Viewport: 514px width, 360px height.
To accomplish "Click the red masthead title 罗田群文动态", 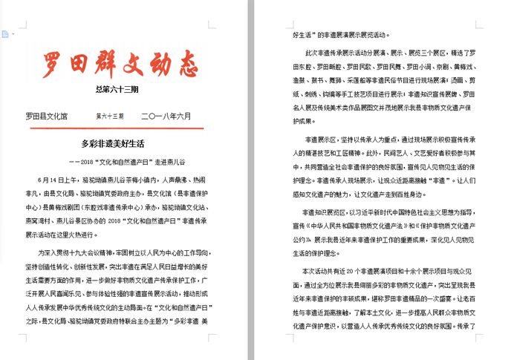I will (x=120, y=64).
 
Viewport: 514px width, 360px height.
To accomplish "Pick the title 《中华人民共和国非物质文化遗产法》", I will (x=349, y=225).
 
